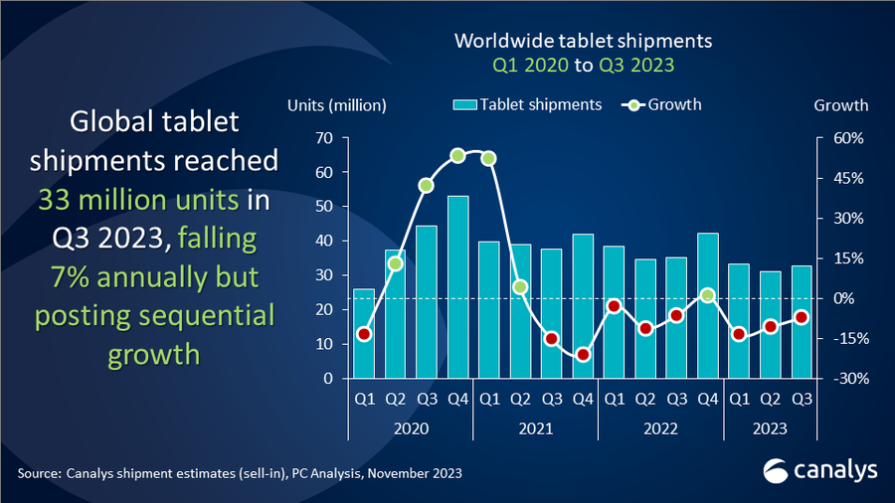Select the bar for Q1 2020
364,333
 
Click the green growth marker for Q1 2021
488,158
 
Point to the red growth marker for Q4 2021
583,355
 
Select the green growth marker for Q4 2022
707,295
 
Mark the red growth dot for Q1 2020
364,334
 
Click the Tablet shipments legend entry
527,104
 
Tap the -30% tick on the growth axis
830,379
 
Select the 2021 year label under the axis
535,429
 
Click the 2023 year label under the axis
770,429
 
